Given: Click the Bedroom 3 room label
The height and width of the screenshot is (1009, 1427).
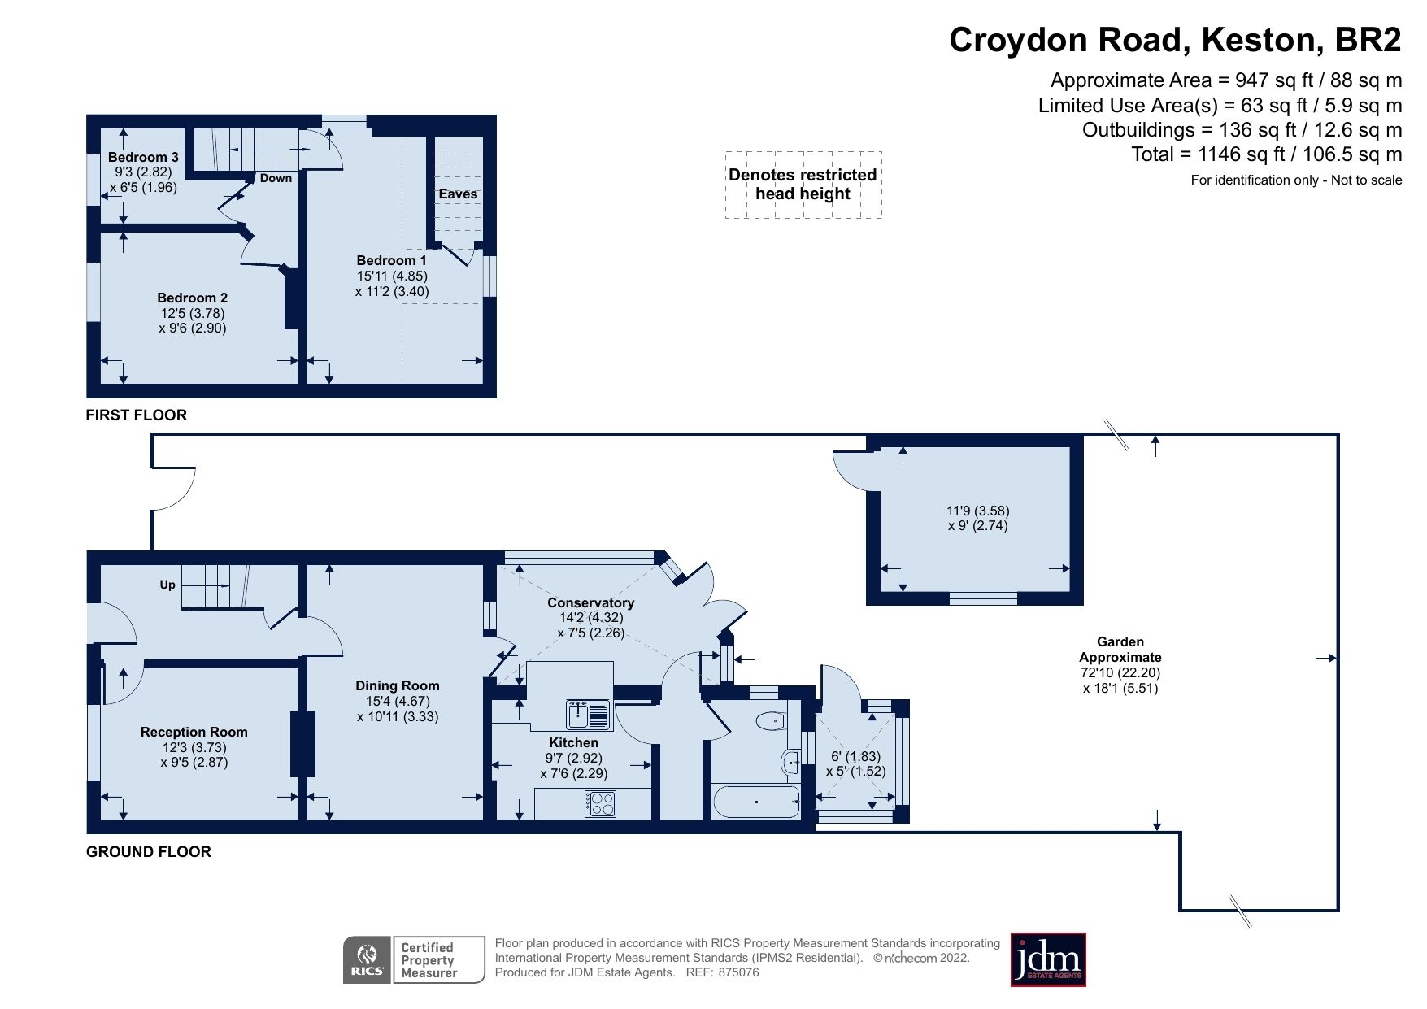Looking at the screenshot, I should pyautogui.click(x=143, y=157).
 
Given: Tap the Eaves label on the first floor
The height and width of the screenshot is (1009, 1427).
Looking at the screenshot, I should pyautogui.click(x=458, y=194).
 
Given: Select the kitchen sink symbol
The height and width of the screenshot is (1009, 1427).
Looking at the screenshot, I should pyautogui.click(x=588, y=715).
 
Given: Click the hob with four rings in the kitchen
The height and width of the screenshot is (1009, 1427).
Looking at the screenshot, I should pyautogui.click(x=600, y=804).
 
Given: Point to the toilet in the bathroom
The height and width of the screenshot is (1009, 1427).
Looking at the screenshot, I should pyautogui.click(x=769, y=720).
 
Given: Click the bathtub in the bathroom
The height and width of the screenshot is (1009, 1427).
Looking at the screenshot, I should pyautogui.click(x=756, y=802).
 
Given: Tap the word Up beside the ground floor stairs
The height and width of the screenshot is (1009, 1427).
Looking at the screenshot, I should pyautogui.click(x=167, y=585).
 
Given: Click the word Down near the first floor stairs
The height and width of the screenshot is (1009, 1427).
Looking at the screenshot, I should pyautogui.click(x=276, y=178).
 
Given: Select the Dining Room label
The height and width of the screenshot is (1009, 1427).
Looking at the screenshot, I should pyautogui.click(x=397, y=685).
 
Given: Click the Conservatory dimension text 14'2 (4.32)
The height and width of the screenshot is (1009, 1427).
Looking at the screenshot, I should pyautogui.click(x=590, y=617).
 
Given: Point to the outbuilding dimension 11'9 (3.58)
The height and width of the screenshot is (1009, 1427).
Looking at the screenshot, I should pyautogui.click(x=977, y=511).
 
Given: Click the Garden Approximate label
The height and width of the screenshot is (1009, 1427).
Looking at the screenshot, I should pyautogui.click(x=1120, y=649).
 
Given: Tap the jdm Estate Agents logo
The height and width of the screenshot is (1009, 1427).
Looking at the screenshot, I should pyautogui.click(x=1047, y=959).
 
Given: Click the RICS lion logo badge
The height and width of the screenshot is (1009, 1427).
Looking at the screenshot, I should pyautogui.click(x=368, y=959).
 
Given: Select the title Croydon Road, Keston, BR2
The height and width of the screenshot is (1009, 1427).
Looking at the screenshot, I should pyautogui.click(x=1175, y=40).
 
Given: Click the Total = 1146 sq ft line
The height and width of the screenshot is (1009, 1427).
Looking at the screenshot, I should pyautogui.click(x=1266, y=154).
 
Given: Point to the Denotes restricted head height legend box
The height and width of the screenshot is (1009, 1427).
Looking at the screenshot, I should pyautogui.click(x=803, y=185).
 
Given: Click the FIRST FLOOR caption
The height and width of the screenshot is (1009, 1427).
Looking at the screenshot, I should pyautogui.click(x=137, y=415).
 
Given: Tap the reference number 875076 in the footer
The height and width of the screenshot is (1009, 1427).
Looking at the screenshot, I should pyautogui.click(x=738, y=972).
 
